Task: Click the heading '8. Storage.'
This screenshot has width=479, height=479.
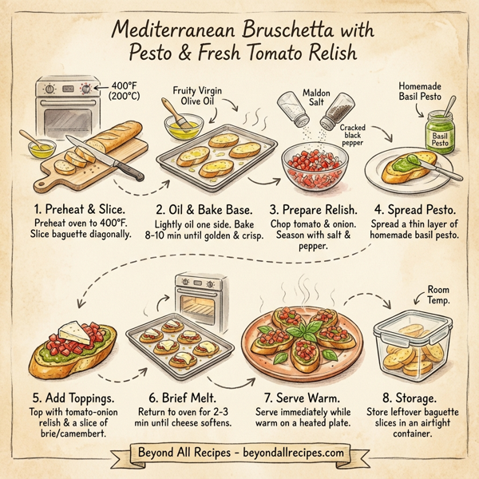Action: [415, 397]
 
